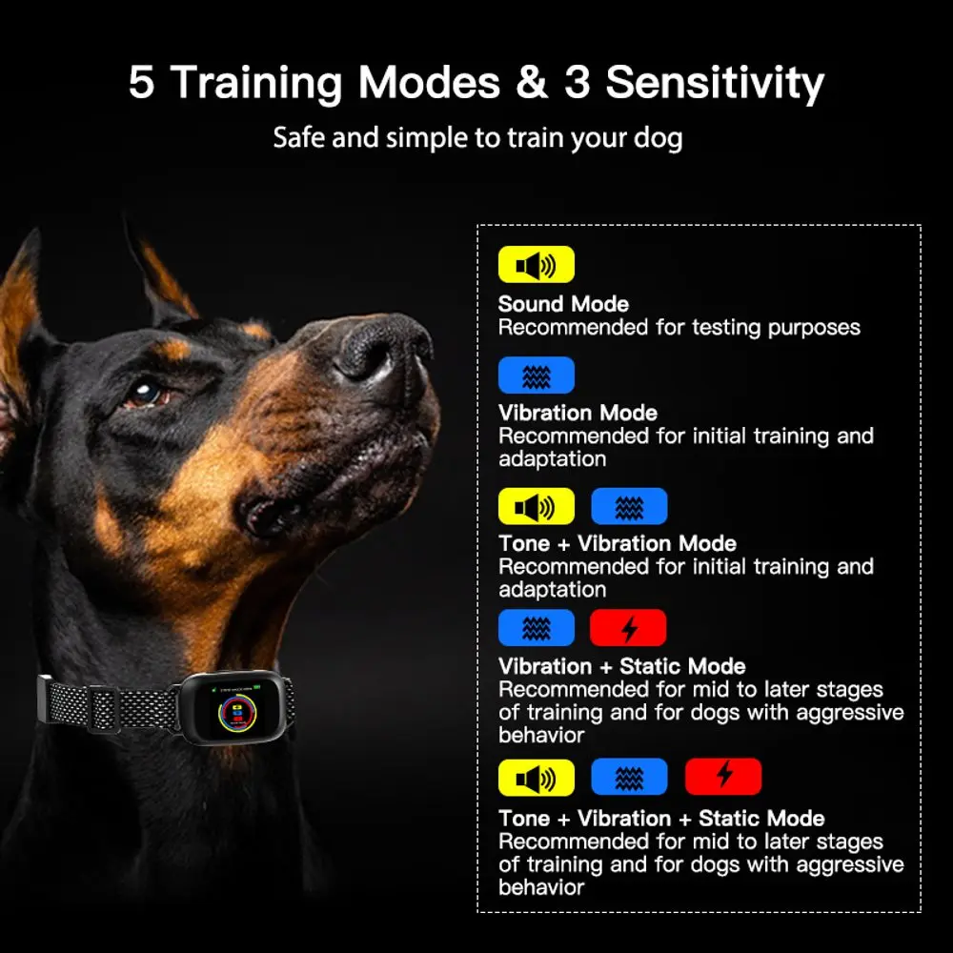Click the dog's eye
coord(146,394)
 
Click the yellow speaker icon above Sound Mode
coord(536,264)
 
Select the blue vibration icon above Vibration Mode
coord(536,375)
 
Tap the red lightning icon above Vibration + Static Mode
coord(628,628)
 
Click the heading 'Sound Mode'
coord(563,304)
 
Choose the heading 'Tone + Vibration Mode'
coord(618,543)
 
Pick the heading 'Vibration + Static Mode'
coord(621,666)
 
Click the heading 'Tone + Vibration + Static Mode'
coord(661,818)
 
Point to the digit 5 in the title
coord(142,82)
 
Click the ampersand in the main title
coord(532,82)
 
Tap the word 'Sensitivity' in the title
coord(715,84)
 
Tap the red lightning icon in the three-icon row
coord(723,776)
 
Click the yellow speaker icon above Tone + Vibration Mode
coord(536,506)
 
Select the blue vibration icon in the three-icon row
coord(629,777)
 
